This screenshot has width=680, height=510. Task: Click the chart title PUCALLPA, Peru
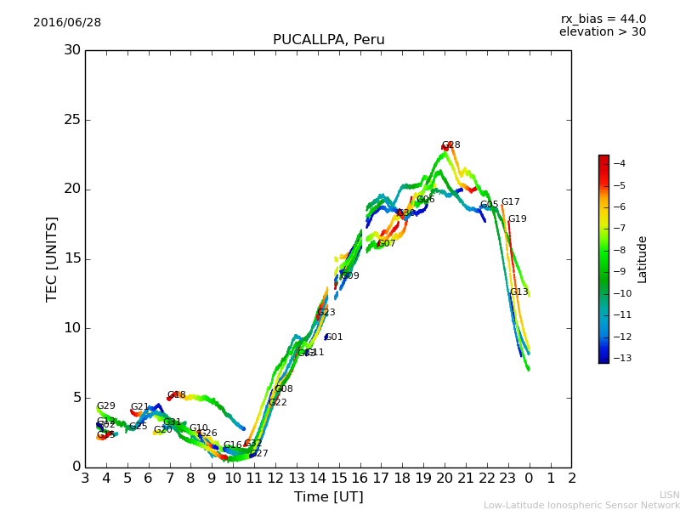point(328,40)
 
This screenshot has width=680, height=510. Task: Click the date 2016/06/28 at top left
point(67,23)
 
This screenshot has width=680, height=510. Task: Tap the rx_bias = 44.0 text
point(603,20)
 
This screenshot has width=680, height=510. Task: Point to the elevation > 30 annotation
point(602,32)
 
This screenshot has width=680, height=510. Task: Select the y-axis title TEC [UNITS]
point(53,258)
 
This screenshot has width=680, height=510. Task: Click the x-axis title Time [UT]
point(328,496)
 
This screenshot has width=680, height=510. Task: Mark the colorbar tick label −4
point(619,163)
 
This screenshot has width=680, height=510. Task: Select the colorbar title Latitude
point(643,258)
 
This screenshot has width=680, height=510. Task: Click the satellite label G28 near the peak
point(450,145)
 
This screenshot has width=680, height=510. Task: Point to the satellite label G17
point(510,202)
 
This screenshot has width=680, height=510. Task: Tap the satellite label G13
point(518,292)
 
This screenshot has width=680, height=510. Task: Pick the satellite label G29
point(105,406)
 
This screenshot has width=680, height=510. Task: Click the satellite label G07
point(387,244)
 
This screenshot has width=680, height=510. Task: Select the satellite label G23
point(326,313)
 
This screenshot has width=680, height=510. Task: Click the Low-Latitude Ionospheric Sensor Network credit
point(581,506)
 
